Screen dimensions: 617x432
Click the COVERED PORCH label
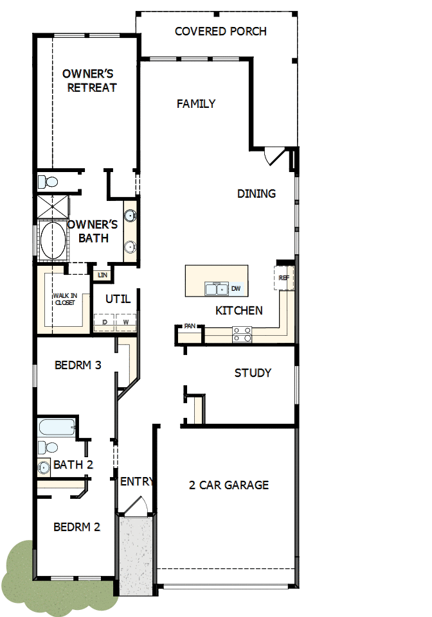[221, 31]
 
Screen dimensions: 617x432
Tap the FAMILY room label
[196, 103]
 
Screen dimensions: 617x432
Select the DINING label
[256, 193]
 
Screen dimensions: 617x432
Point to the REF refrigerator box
[284, 278]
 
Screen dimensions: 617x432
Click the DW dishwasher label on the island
[235, 289]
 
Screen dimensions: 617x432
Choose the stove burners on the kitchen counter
[242, 334]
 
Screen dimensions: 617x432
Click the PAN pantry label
[189, 326]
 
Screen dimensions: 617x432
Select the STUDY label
[253, 373]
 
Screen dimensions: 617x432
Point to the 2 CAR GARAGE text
[229, 485]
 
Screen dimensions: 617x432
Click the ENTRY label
[136, 482]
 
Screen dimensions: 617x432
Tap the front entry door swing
[137, 506]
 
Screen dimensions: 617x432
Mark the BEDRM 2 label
[76, 527]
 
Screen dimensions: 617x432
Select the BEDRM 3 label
[78, 365]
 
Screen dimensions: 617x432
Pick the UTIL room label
[118, 299]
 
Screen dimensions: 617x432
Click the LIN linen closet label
[102, 275]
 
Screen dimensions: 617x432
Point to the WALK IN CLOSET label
[64, 299]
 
